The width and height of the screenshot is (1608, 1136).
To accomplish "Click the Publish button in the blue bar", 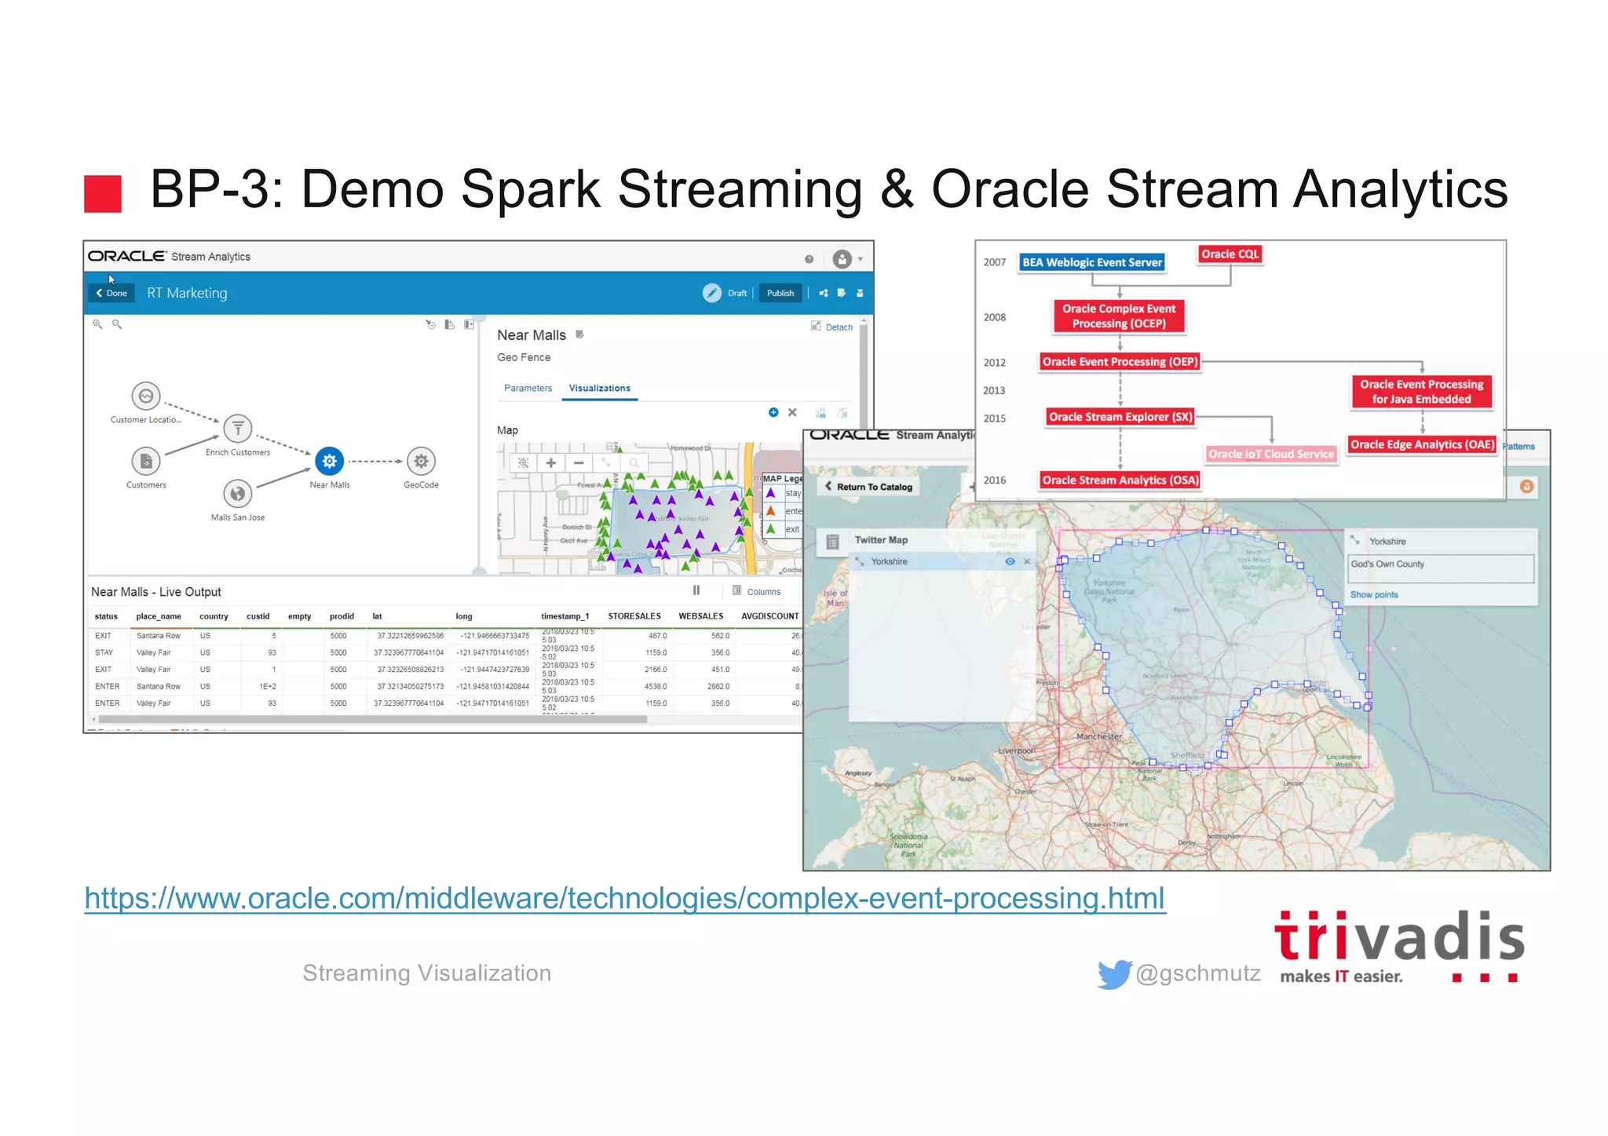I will [x=780, y=293].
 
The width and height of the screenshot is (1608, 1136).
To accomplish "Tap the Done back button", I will [x=111, y=293].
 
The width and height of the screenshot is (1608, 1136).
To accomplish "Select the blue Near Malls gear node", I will [x=330, y=461].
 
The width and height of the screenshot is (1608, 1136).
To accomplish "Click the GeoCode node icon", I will [x=421, y=461].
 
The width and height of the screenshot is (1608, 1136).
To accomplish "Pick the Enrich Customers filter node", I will [x=238, y=429].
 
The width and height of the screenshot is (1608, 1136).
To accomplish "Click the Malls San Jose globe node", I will [x=237, y=494].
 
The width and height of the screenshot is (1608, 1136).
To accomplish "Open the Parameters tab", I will [x=528, y=388].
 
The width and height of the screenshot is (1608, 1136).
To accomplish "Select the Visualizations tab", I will [x=599, y=388].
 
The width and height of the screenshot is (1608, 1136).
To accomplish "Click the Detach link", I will [x=839, y=327].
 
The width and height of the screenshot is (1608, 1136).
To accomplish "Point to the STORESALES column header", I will [x=634, y=616].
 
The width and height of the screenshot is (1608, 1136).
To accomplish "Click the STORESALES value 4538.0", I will [x=656, y=686].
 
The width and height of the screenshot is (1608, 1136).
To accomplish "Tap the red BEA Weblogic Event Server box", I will [x=1091, y=262].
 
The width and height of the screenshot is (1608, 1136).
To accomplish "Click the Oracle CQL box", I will [x=1230, y=254].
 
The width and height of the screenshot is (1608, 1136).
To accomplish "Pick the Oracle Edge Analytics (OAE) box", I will [x=1422, y=444].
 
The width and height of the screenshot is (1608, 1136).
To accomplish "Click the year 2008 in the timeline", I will [x=994, y=317].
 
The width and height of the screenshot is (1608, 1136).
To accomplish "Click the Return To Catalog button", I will [x=868, y=487].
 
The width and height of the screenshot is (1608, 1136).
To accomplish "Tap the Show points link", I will [x=1373, y=594].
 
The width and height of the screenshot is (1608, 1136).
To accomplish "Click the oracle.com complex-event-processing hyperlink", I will [x=624, y=898].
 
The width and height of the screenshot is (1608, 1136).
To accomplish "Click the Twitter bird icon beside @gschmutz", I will [x=1113, y=973].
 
